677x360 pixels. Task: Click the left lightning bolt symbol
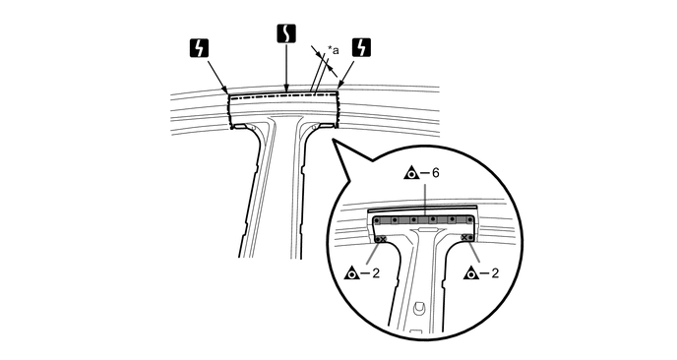(197, 46)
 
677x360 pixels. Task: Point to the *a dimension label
(333, 46)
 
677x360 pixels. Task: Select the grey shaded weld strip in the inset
(424, 219)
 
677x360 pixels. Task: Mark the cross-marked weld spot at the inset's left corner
(381, 238)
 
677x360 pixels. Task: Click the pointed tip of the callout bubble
(334, 142)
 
